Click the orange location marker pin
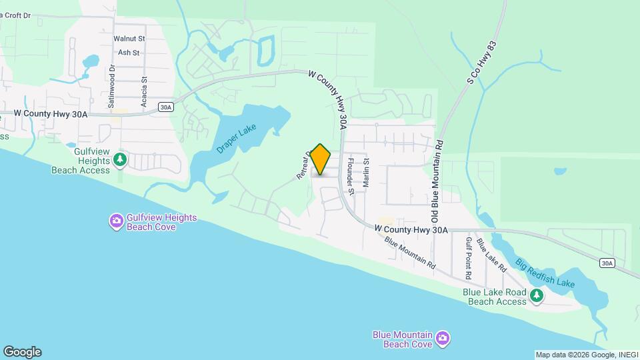click(321, 159)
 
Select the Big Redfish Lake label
click(545, 273)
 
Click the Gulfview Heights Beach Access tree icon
click(120, 159)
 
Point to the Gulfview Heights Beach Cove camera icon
click(117, 220)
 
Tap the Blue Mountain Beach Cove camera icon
click(442, 339)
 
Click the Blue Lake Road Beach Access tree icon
click(536, 294)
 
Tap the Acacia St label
click(144, 91)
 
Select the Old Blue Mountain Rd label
click(437, 181)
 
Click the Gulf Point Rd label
click(469, 258)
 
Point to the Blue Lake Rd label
click(496, 258)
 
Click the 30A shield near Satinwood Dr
click(167, 106)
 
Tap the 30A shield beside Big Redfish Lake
click(606, 263)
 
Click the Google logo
click(22, 352)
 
